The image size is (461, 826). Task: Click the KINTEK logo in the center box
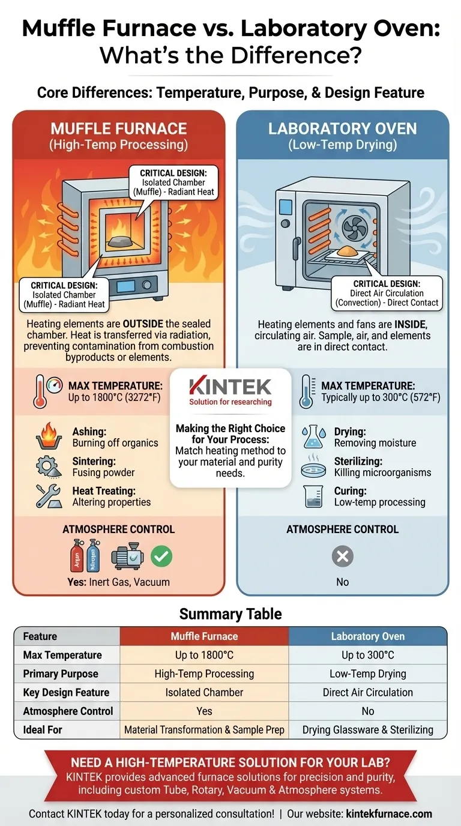click(x=230, y=387)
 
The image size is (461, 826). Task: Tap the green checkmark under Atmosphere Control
click(x=161, y=556)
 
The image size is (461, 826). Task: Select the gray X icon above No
click(x=342, y=556)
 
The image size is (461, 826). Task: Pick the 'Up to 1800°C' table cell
click(x=204, y=655)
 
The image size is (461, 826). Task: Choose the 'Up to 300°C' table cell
click(x=367, y=655)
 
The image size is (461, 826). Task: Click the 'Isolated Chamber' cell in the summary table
click(x=204, y=692)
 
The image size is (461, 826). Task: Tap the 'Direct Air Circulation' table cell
click(x=367, y=692)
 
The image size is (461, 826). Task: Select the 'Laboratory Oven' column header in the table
click(x=367, y=636)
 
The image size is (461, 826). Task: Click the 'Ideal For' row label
click(x=43, y=729)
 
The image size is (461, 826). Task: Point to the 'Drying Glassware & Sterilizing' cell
click(x=367, y=729)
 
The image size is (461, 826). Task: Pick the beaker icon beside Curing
click(x=313, y=496)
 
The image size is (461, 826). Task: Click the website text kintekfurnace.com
click(x=389, y=814)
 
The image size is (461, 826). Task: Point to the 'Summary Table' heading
click(x=230, y=614)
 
